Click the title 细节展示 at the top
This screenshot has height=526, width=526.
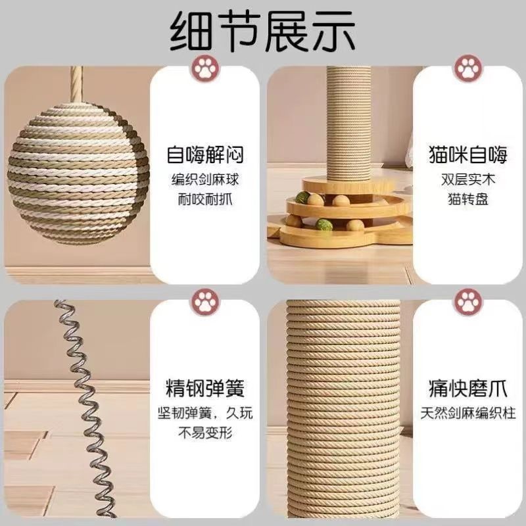pos(262,32)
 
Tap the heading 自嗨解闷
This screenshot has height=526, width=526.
pos(205,155)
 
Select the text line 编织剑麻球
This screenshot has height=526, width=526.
pos(205,179)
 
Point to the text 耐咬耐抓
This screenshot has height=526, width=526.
pos(205,199)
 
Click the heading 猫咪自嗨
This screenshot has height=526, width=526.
pos(468,155)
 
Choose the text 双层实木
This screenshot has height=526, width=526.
pos(468,179)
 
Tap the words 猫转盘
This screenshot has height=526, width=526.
pos(468,199)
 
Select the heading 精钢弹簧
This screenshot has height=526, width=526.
pos(205,388)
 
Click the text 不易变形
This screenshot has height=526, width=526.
pos(205,433)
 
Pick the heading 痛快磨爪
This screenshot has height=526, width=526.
pos(468,388)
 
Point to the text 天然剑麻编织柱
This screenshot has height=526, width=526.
pos(468,413)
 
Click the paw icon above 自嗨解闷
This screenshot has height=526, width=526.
pos(205,69)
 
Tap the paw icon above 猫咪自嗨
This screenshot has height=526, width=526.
pos(469,69)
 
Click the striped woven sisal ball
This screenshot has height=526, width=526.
pos(78,173)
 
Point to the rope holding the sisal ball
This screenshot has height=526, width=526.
pos(76,84)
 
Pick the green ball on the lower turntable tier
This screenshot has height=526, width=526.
pos(323,224)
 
